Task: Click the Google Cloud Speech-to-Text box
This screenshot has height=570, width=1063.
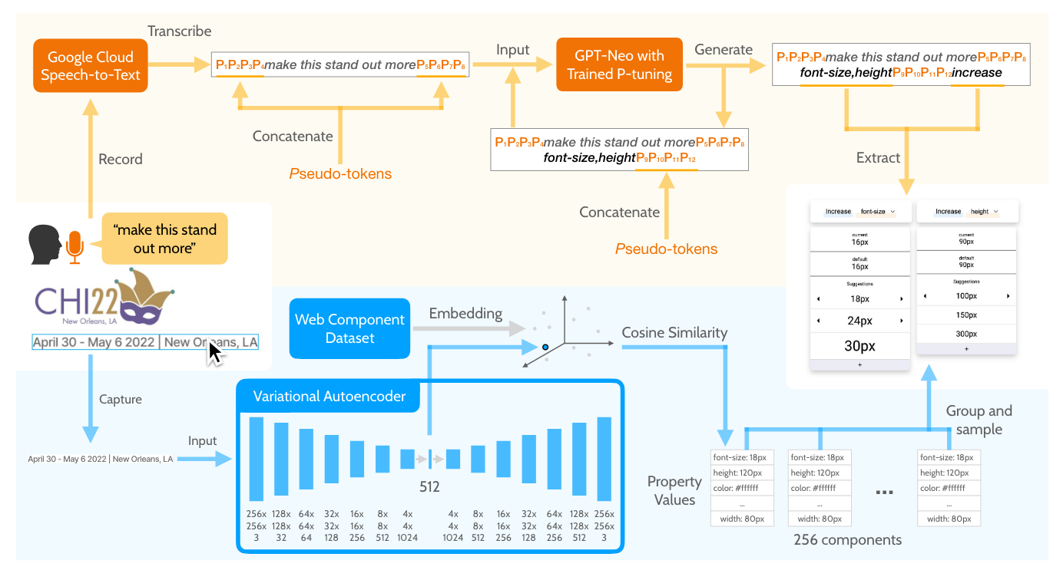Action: [x=91, y=65]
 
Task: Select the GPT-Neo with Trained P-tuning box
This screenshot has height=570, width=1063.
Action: [x=619, y=64]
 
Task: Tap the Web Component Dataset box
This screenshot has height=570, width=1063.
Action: [x=349, y=328]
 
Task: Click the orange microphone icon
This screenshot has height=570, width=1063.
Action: [x=74, y=245]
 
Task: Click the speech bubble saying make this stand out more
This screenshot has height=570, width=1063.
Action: [x=164, y=239]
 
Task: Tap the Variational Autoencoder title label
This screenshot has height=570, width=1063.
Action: [x=330, y=397]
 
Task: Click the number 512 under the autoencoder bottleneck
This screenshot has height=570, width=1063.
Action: [x=429, y=487]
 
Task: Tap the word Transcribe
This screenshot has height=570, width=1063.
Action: [x=180, y=31]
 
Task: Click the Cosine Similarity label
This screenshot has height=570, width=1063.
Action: [x=674, y=332]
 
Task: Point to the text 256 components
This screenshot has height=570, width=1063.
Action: [x=847, y=540]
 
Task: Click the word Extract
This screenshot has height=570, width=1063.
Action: [x=878, y=158]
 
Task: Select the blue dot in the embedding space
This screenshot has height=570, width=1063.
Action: [x=545, y=347]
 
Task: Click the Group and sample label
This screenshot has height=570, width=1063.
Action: [x=979, y=420]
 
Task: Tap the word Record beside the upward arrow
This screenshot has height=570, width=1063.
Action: [x=121, y=160]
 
